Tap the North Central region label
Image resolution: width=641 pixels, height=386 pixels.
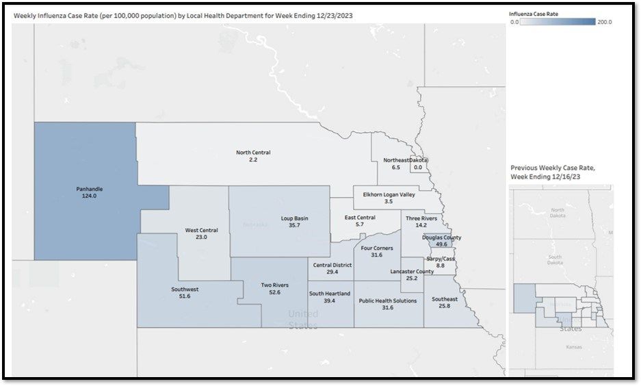[x=253, y=153]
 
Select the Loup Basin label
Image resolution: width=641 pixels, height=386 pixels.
[x=294, y=218]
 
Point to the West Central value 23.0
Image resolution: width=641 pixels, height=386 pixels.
[x=201, y=237]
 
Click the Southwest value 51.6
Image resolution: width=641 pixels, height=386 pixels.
[x=185, y=296]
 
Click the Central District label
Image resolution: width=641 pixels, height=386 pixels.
[x=332, y=265]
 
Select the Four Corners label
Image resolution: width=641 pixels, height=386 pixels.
[x=376, y=248]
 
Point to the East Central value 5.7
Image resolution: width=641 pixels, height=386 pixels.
[x=359, y=224]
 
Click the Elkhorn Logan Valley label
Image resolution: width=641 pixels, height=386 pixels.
[x=389, y=194]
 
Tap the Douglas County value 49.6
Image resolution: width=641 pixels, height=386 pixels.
[x=441, y=244]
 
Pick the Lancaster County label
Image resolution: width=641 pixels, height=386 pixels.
[x=412, y=272]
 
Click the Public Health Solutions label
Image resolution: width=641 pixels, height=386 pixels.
[x=387, y=300]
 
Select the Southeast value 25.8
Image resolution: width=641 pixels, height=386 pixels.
[x=444, y=306]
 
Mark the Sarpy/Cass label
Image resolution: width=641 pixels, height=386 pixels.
[x=440, y=259]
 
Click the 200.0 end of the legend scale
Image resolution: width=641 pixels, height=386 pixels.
[x=604, y=22]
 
